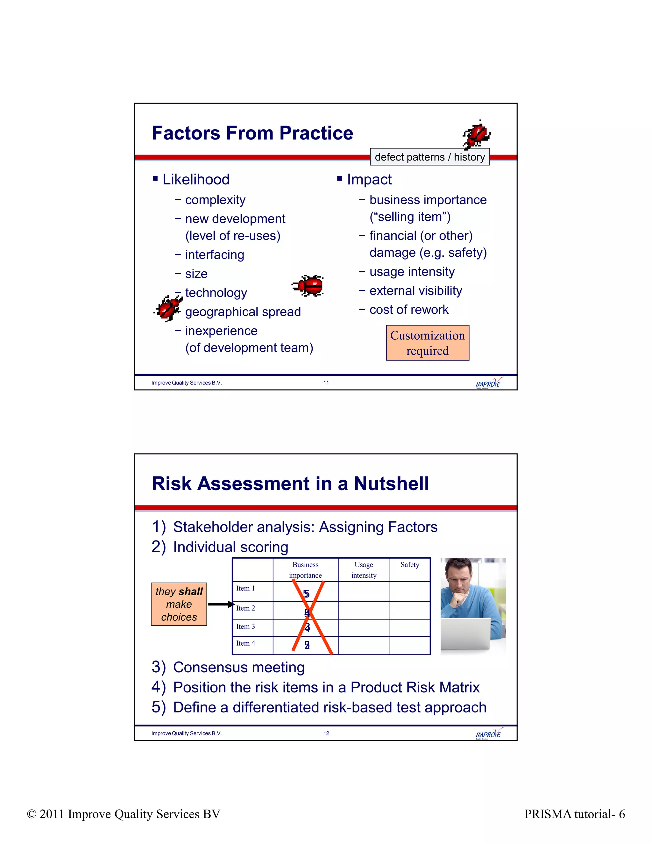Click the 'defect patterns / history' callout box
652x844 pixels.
click(x=429, y=157)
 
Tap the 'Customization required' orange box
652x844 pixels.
click(x=428, y=343)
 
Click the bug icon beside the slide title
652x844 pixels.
click(x=477, y=135)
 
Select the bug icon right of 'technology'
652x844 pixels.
click(x=308, y=286)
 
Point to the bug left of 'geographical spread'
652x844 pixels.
click(x=168, y=308)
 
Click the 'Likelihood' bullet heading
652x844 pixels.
click(x=195, y=179)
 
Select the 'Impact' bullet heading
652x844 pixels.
click(x=369, y=179)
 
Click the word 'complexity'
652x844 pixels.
click(x=215, y=200)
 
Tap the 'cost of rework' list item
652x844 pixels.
click(x=409, y=310)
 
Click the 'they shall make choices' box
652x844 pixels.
click(x=179, y=604)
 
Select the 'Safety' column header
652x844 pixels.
click(x=409, y=565)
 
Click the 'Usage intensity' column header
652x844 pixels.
click(x=364, y=570)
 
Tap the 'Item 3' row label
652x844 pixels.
click(x=246, y=626)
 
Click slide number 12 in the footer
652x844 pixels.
click(x=326, y=733)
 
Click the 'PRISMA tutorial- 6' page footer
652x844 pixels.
click(x=574, y=814)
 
